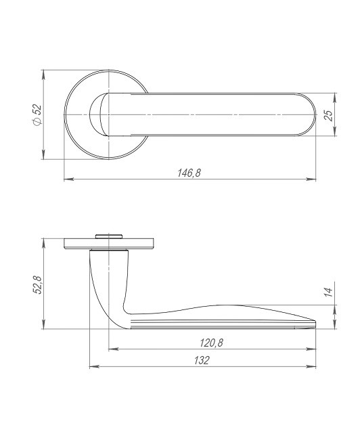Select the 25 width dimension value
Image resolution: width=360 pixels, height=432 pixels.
click(328, 114)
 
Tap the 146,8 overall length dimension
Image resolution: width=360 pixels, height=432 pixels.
click(189, 173)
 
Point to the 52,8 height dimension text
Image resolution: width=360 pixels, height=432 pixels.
click(37, 285)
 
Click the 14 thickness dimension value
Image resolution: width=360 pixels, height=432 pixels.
click(328, 292)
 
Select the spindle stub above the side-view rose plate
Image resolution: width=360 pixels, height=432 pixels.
click(108, 236)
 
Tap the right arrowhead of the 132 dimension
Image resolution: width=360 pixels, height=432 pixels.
click(314, 366)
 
